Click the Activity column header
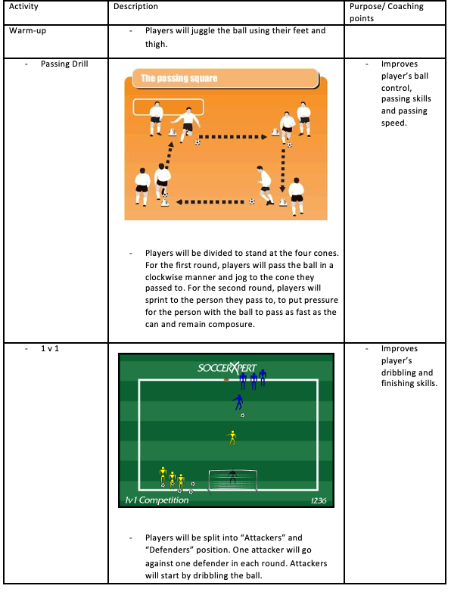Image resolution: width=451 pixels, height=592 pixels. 23,6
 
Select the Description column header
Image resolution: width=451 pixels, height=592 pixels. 136,6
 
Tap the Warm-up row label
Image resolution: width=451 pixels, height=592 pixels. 27,30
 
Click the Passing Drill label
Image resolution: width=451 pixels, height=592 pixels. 64,64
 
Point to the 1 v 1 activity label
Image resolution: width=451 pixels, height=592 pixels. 50,348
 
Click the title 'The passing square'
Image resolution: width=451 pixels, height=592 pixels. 179,78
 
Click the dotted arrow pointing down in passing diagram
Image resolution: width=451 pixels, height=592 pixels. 282,170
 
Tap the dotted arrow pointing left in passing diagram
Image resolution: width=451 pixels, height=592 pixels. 210,202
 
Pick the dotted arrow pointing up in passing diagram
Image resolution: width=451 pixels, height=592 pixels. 169,155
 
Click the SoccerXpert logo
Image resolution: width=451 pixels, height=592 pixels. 227,368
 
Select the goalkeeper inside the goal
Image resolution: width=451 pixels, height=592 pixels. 232,476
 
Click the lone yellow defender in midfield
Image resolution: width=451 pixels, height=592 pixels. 232,438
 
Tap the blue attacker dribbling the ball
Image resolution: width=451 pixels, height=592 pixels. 238,403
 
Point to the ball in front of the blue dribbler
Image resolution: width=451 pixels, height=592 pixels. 243,416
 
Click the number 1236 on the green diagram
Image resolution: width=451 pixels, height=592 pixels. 319,500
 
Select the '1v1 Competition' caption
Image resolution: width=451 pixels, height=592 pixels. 157,500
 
